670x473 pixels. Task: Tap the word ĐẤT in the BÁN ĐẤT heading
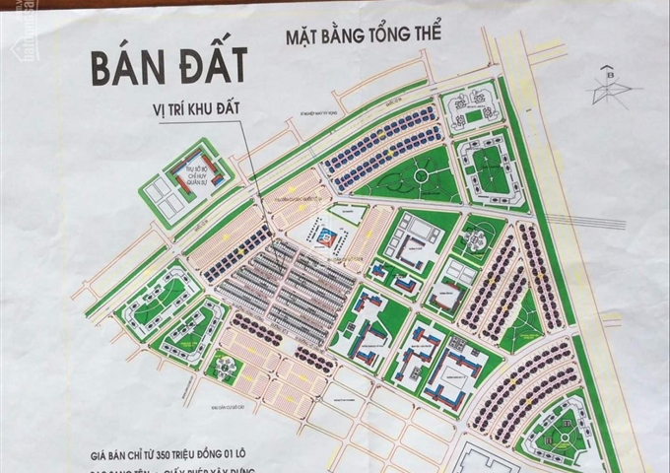coord(211,71)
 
